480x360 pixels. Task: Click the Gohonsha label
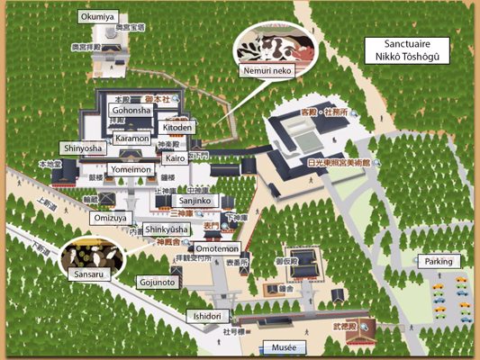[x=131, y=110]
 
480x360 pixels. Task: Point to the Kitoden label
[x=177, y=129]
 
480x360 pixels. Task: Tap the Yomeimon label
[x=131, y=168]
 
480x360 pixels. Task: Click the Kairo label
[x=175, y=158]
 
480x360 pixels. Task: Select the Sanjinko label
[x=195, y=202]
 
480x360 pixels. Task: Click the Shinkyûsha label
[x=168, y=230]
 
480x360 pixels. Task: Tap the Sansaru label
[x=87, y=272]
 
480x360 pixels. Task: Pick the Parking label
[x=440, y=261]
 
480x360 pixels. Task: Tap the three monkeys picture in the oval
[x=89, y=253]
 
